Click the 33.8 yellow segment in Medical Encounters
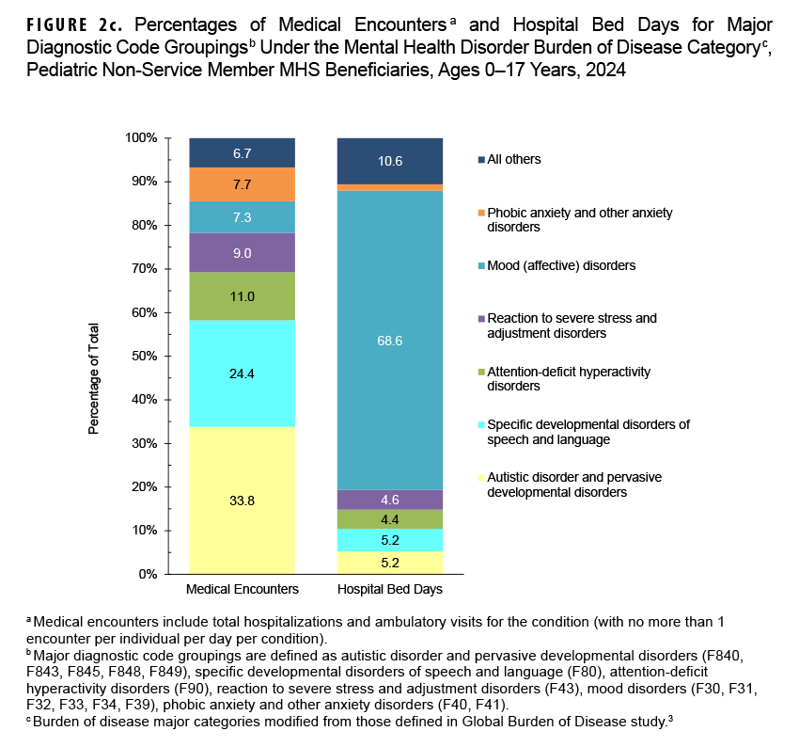(242, 500)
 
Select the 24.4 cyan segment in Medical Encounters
(242, 373)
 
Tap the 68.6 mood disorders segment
(389, 341)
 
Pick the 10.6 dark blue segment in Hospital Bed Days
(389, 161)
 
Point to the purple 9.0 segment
(242, 252)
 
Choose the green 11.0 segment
(242, 295)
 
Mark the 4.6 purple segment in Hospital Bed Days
(389, 500)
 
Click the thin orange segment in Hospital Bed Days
(389, 187)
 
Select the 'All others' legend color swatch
(479, 160)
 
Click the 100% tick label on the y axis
(141, 138)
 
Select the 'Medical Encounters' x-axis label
(242, 590)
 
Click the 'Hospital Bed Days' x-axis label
(389, 590)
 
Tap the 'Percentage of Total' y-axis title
(94, 379)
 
